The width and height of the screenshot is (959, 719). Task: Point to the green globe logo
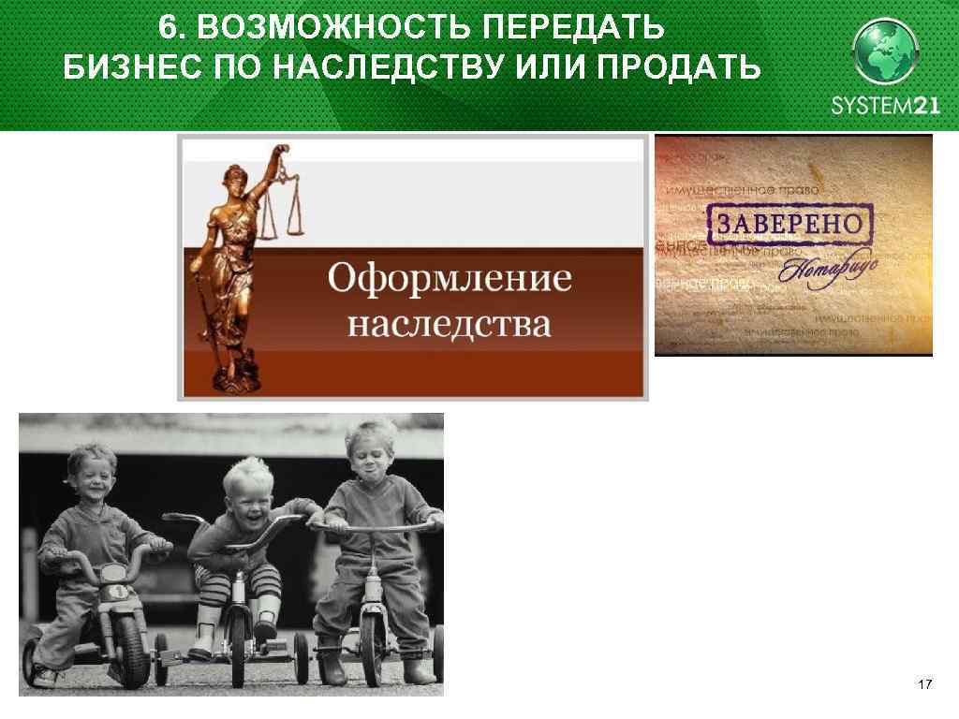[x=885, y=52]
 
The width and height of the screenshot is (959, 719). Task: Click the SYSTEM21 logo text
[x=885, y=107]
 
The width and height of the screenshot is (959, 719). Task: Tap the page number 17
[x=924, y=686]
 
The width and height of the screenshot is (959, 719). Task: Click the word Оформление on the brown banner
[x=450, y=280]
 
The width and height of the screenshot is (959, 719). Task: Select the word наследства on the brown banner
[x=450, y=325]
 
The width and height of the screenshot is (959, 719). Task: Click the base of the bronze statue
[x=228, y=380]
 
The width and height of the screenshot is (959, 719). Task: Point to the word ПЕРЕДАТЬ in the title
[x=573, y=29]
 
